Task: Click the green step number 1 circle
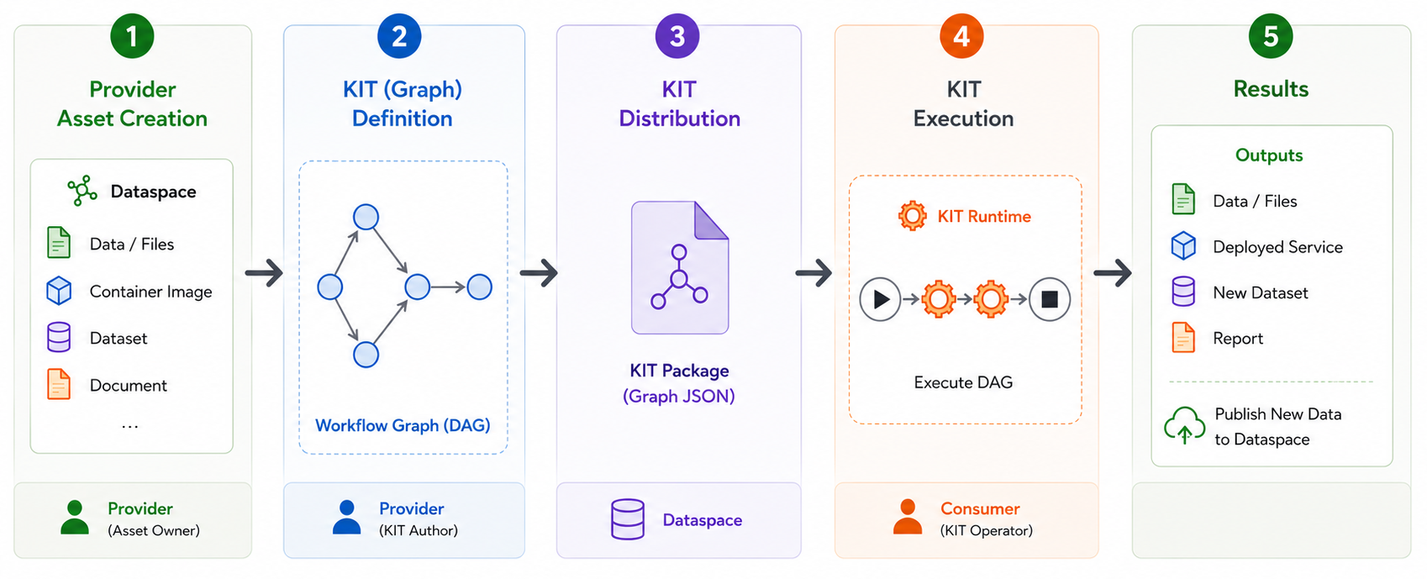pyautogui.click(x=132, y=36)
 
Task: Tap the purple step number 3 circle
pyautogui.click(x=677, y=36)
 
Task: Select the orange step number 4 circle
pyautogui.click(x=961, y=36)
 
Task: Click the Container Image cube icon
pyautogui.click(x=59, y=291)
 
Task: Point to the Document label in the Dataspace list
pyautogui.click(x=128, y=386)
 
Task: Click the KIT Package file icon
pyautogui.click(x=680, y=267)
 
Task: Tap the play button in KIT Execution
pyautogui.click(x=880, y=298)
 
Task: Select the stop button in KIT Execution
pyautogui.click(x=1049, y=298)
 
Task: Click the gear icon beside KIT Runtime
pyautogui.click(x=913, y=216)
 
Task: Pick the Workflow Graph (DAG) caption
pyautogui.click(x=403, y=425)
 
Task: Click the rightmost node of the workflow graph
pyautogui.click(x=479, y=287)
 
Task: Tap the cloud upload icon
pyautogui.click(x=1184, y=425)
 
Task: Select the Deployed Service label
pyautogui.click(x=1277, y=247)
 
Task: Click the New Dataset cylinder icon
pyautogui.click(x=1183, y=292)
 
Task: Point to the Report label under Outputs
pyautogui.click(x=1238, y=338)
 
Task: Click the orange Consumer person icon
pyautogui.click(x=907, y=517)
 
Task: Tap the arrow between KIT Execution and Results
pyautogui.click(x=1113, y=273)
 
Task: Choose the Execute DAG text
pyautogui.click(x=963, y=382)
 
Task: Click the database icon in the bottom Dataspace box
pyautogui.click(x=628, y=519)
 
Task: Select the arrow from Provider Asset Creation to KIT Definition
pyautogui.click(x=264, y=273)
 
